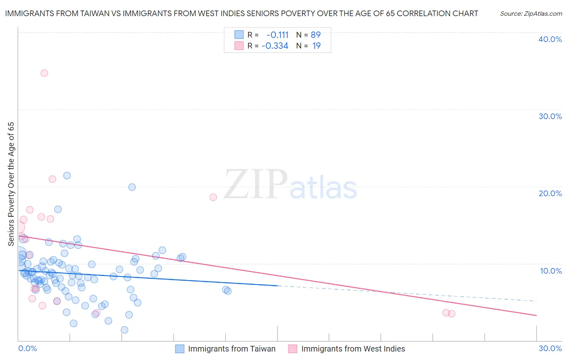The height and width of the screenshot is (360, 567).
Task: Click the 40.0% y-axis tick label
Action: (550, 39)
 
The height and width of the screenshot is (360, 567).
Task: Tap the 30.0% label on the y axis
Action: (550, 116)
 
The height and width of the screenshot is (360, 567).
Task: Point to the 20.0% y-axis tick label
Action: (550, 193)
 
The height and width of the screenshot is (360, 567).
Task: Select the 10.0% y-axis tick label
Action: (551, 271)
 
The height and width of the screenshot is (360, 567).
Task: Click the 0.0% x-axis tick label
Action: (27, 348)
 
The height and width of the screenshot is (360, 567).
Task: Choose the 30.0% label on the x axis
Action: (550, 348)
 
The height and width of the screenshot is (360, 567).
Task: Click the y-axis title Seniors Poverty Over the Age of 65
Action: (11, 184)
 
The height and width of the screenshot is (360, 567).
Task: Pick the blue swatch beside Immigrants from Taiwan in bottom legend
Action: (180, 349)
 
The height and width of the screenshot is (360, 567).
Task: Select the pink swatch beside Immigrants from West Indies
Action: (293, 349)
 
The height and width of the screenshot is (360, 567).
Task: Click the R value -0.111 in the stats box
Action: (277, 35)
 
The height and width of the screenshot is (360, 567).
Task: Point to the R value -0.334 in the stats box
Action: (275, 46)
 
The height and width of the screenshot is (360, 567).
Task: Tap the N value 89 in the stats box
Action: (316, 35)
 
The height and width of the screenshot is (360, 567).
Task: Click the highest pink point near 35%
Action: (44, 73)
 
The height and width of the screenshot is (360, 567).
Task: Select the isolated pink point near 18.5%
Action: (213, 197)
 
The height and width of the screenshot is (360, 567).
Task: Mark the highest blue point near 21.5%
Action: (67, 176)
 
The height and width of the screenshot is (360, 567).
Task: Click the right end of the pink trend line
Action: (536, 315)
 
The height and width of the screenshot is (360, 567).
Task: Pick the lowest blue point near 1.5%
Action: (125, 330)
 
